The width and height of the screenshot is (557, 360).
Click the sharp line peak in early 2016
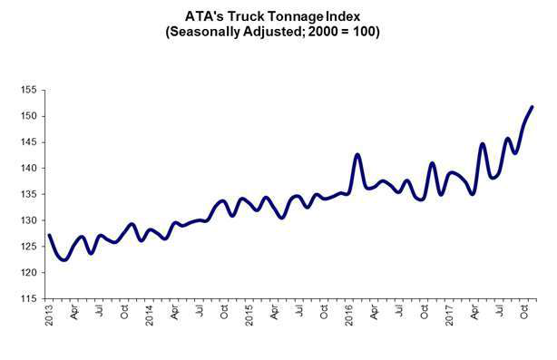tap(357, 155)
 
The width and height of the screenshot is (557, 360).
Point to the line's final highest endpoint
tap(532, 107)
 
